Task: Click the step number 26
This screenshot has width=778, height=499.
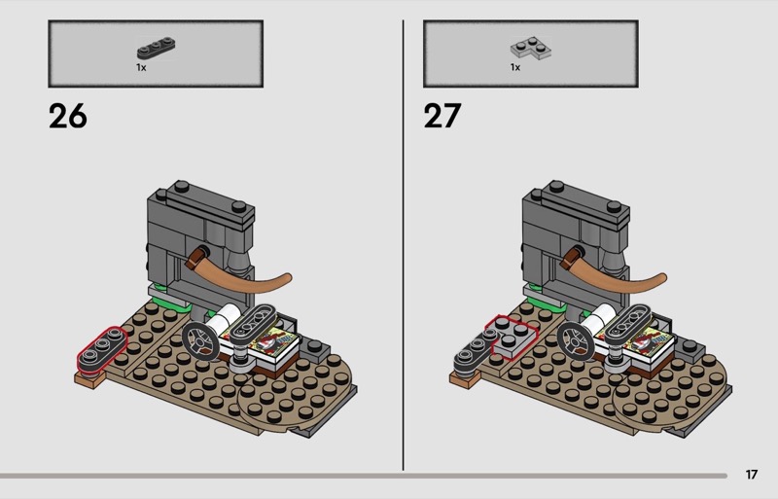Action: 67,116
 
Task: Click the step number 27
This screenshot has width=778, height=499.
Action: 442,116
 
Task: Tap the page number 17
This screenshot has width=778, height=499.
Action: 751,475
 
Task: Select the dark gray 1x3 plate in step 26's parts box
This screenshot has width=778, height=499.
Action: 157,49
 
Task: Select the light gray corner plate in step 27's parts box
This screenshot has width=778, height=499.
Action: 531,49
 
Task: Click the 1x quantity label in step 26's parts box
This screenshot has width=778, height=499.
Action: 141,67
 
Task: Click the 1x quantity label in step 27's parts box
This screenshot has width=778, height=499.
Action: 515,67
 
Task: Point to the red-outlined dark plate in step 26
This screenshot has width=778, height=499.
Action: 102,350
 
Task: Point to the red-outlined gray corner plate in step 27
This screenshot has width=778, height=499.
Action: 512,337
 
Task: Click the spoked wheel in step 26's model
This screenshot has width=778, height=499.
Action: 199,341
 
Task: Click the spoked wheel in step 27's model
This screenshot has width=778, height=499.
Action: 575,341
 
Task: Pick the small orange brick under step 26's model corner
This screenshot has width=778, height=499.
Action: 89,379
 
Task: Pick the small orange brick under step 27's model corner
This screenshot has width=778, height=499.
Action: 465,379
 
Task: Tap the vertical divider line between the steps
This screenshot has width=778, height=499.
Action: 403,245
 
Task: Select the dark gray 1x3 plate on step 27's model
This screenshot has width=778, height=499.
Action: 474,351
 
